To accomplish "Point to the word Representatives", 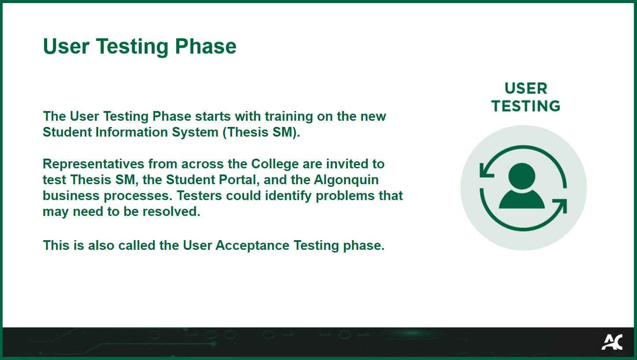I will (93, 164).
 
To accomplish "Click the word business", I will (71, 196).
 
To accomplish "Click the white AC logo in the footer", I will (612, 342).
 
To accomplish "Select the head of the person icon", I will (522, 176).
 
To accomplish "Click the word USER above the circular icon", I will (526, 89).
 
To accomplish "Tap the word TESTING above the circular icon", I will (526, 106).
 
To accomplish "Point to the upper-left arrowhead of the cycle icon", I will (486, 169).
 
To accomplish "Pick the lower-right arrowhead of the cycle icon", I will (560, 206).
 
